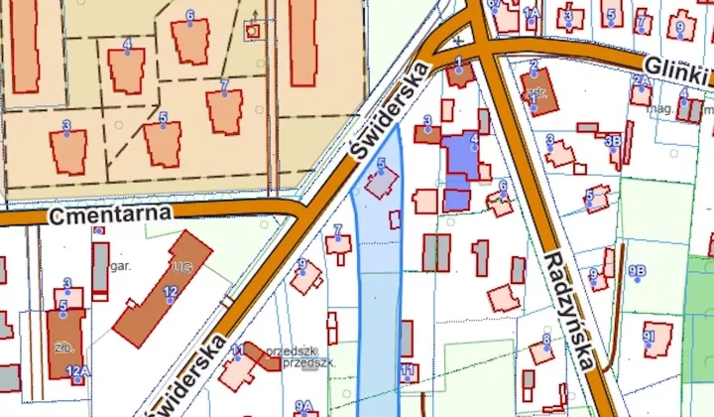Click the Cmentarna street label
coord(110,212)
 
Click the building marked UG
coord(165,287)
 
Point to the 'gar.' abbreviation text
coord(122,266)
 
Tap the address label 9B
coord(637,271)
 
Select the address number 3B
coord(613,140)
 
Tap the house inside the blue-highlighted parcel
coord(382,183)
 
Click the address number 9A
coord(303,405)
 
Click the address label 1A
coord(530,13)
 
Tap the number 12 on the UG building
coord(171,291)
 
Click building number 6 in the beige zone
coord(190,38)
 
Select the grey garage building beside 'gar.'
coord(100,270)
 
